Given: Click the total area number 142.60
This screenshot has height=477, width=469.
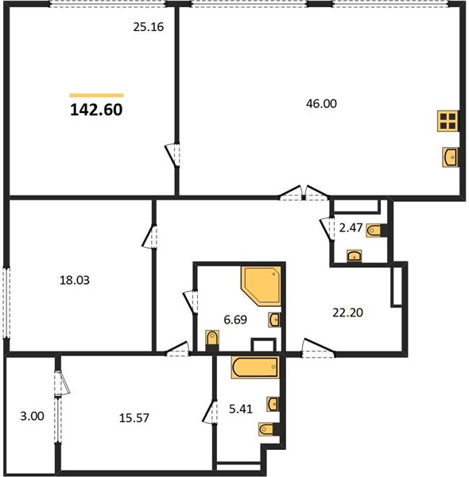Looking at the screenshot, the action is pos(96,110).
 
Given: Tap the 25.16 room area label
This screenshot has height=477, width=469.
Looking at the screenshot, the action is pos(149,27).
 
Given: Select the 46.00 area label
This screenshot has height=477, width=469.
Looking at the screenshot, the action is pos(321,103).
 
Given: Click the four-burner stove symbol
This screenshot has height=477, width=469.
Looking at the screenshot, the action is pos(448,121).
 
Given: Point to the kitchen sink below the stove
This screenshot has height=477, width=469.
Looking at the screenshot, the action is pos(450,157).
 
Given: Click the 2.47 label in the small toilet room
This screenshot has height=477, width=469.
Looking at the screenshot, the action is pos(351,227).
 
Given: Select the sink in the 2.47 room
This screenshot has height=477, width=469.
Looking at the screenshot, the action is pos(355,256).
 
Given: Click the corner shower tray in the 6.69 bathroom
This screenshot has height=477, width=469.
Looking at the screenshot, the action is pos(261,286).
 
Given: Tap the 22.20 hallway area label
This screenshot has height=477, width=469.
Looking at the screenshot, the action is pos(347,312).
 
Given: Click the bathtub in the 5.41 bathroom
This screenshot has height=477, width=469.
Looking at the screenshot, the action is pos(255,367).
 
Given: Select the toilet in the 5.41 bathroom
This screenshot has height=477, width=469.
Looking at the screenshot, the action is pos(269,429).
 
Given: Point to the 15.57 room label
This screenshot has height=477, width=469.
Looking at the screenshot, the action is pos(134,418).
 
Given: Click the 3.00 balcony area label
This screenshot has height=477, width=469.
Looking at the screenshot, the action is pos(33,416).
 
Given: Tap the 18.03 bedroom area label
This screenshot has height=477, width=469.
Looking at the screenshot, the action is pos(75,280).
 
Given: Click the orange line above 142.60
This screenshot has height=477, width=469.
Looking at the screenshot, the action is pos(96,95).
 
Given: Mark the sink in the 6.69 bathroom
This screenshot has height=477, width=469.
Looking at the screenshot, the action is pos(274,320).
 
